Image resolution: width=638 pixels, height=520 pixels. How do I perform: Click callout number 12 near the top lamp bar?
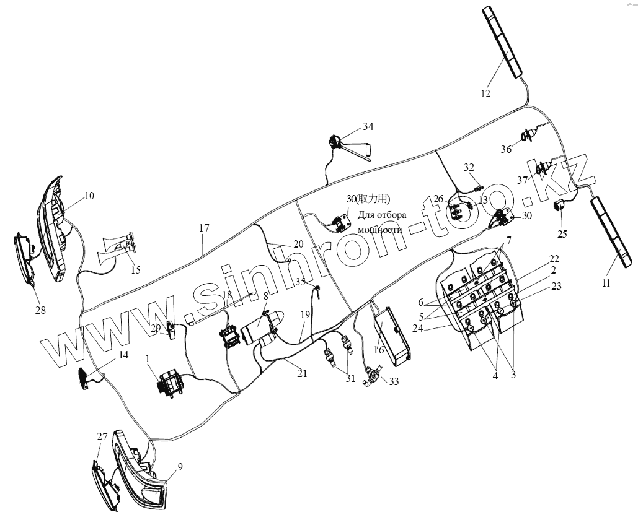(x=485, y=94)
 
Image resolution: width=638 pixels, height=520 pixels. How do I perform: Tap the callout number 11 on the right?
(x=606, y=283)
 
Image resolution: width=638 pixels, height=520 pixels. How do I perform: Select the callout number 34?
(x=368, y=127)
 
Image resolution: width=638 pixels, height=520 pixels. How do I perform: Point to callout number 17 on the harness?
(x=204, y=228)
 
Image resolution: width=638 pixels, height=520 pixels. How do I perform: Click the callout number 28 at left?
(x=40, y=310)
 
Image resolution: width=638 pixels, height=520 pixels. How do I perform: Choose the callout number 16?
(x=379, y=350)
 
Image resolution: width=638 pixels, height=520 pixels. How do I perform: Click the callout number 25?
(x=562, y=233)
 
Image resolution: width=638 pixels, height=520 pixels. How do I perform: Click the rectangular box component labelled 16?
(x=392, y=334)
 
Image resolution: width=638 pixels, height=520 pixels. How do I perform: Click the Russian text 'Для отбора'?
(x=382, y=215)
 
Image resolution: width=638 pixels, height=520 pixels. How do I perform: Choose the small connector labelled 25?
(x=560, y=207)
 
